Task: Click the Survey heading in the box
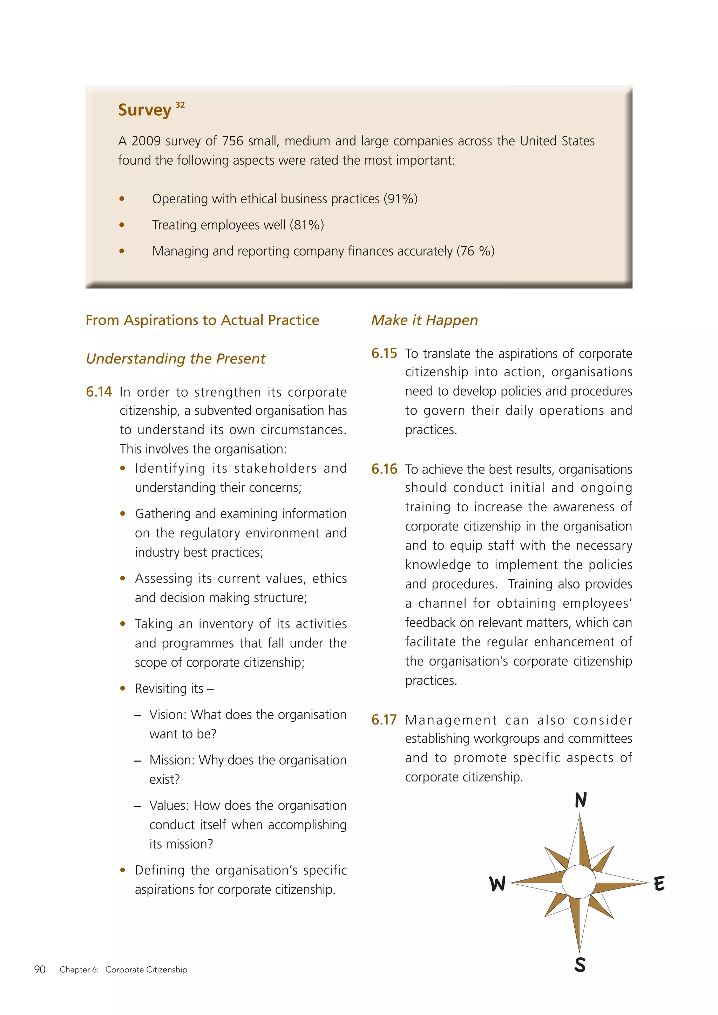[144, 110]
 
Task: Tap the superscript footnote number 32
[180, 105]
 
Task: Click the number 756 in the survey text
[232, 141]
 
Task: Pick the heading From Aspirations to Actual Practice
[202, 320]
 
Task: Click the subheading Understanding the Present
[176, 359]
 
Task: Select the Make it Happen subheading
[425, 320]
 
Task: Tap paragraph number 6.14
[99, 392]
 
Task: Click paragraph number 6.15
[384, 353]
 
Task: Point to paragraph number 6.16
[384, 469]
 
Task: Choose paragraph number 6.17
[384, 720]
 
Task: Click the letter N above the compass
[581, 800]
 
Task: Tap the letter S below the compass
[580, 965]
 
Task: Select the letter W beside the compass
[497, 884]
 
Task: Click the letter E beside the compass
[659, 884]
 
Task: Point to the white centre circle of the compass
[579, 881]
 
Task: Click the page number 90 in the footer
[40, 969]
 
